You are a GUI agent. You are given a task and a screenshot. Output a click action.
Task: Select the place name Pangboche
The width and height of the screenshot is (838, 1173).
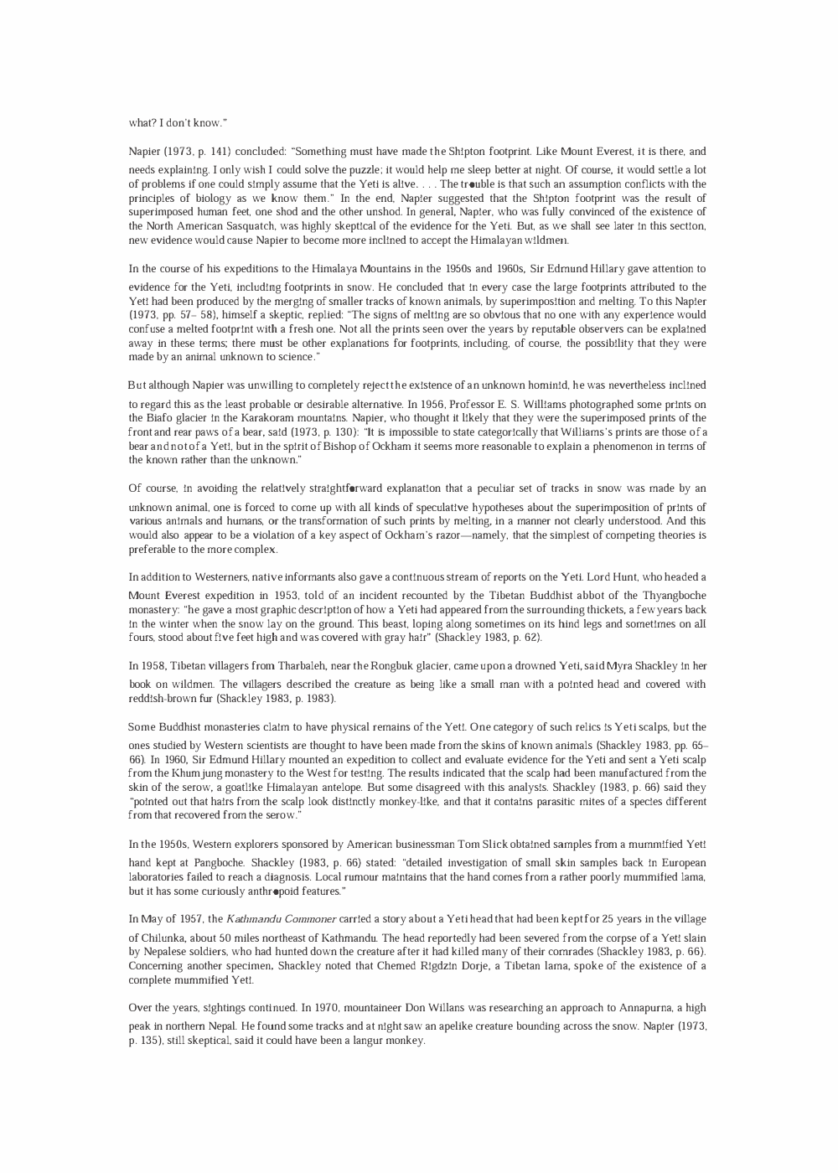point(209,863)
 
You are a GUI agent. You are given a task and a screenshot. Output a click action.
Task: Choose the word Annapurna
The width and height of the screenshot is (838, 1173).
point(644,1008)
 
